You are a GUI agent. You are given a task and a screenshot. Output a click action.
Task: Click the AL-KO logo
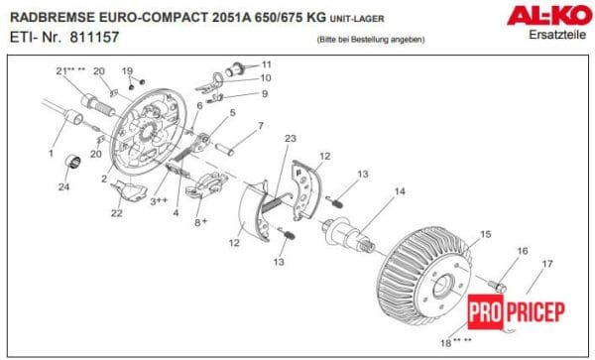549,16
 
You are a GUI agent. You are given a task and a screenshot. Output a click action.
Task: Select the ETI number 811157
94,37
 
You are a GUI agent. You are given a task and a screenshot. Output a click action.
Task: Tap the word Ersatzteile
557,35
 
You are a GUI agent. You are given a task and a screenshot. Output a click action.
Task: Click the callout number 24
63,186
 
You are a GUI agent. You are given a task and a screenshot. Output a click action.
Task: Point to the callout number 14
400,191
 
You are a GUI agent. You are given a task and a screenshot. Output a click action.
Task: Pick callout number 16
523,251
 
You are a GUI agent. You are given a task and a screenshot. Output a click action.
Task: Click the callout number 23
291,139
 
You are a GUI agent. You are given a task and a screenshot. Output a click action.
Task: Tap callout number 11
267,64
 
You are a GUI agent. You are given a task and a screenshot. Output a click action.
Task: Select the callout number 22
116,213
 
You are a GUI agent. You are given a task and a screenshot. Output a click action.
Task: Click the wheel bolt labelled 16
498,286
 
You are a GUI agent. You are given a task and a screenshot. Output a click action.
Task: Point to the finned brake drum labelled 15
425,277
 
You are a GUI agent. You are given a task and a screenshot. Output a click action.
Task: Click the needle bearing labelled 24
72,162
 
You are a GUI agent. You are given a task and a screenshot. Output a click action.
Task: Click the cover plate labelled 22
129,189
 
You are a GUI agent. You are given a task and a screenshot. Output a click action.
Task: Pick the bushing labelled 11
235,69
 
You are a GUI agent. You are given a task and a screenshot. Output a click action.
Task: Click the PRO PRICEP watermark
517,311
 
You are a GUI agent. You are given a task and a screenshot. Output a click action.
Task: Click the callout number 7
261,126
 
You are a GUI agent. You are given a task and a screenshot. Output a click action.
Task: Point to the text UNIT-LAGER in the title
357,18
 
